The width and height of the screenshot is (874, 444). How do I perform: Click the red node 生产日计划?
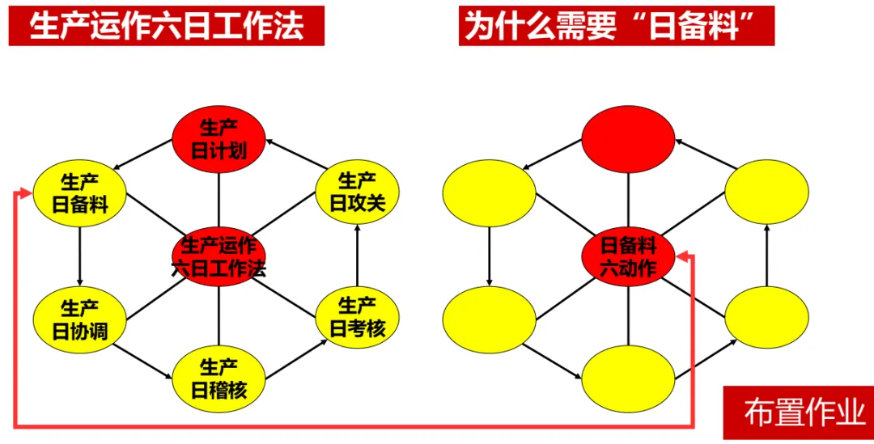[218, 139]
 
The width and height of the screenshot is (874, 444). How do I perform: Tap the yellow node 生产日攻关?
[357, 192]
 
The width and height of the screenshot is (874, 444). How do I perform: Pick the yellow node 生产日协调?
[80, 319]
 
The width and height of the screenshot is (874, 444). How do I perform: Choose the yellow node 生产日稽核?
[218, 378]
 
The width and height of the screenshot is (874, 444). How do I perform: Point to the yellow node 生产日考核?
[357, 317]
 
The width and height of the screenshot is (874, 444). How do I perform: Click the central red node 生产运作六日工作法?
[218, 258]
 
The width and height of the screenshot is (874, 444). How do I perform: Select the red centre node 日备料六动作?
[628, 257]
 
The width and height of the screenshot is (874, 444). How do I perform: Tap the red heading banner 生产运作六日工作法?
[167, 26]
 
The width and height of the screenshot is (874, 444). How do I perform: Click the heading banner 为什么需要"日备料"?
[616, 26]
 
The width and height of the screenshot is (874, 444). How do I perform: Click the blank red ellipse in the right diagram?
[628, 137]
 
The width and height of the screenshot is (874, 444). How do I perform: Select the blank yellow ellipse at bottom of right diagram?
[628, 378]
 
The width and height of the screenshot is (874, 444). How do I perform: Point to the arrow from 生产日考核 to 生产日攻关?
[357, 255]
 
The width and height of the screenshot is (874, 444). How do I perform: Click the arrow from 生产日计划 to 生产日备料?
[143, 157]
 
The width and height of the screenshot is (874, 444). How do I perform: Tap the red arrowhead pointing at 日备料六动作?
[683, 257]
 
